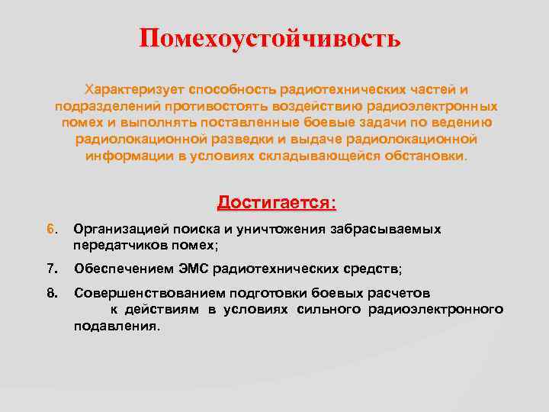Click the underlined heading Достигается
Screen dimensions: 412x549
(x=276, y=203)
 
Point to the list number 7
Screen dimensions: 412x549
(x=52, y=269)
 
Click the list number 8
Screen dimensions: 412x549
(x=52, y=293)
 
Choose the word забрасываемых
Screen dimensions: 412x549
(x=387, y=229)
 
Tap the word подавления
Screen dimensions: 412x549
(x=116, y=326)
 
